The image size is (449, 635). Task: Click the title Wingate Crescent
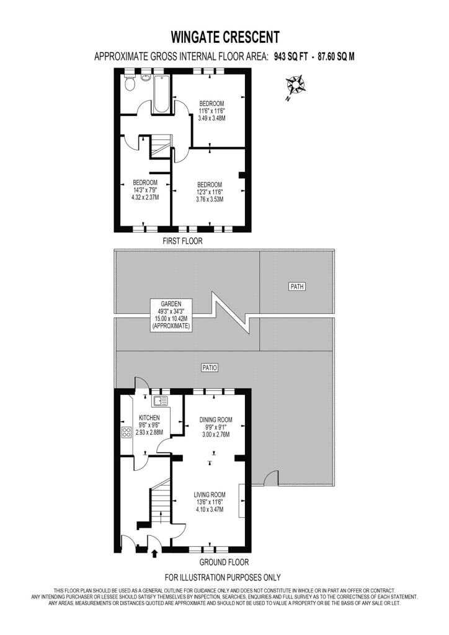click(225, 37)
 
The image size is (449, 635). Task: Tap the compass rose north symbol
click(295, 86)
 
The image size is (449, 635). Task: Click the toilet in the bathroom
click(130, 84)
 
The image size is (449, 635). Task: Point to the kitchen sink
click(160, 401)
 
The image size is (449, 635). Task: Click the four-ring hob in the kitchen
click(127, 432)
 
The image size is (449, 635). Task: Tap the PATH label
click(297, 286)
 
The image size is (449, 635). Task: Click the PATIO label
click(210, 368)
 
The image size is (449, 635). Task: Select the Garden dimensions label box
click(171, 314)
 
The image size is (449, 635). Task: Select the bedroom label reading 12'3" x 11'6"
click(210, 192)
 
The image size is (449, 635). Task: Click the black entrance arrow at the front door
click(154, 553)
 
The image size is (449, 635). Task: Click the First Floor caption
click(182, 241)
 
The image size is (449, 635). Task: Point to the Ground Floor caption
click(224, 562)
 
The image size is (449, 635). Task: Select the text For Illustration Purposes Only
click(222, 577)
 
